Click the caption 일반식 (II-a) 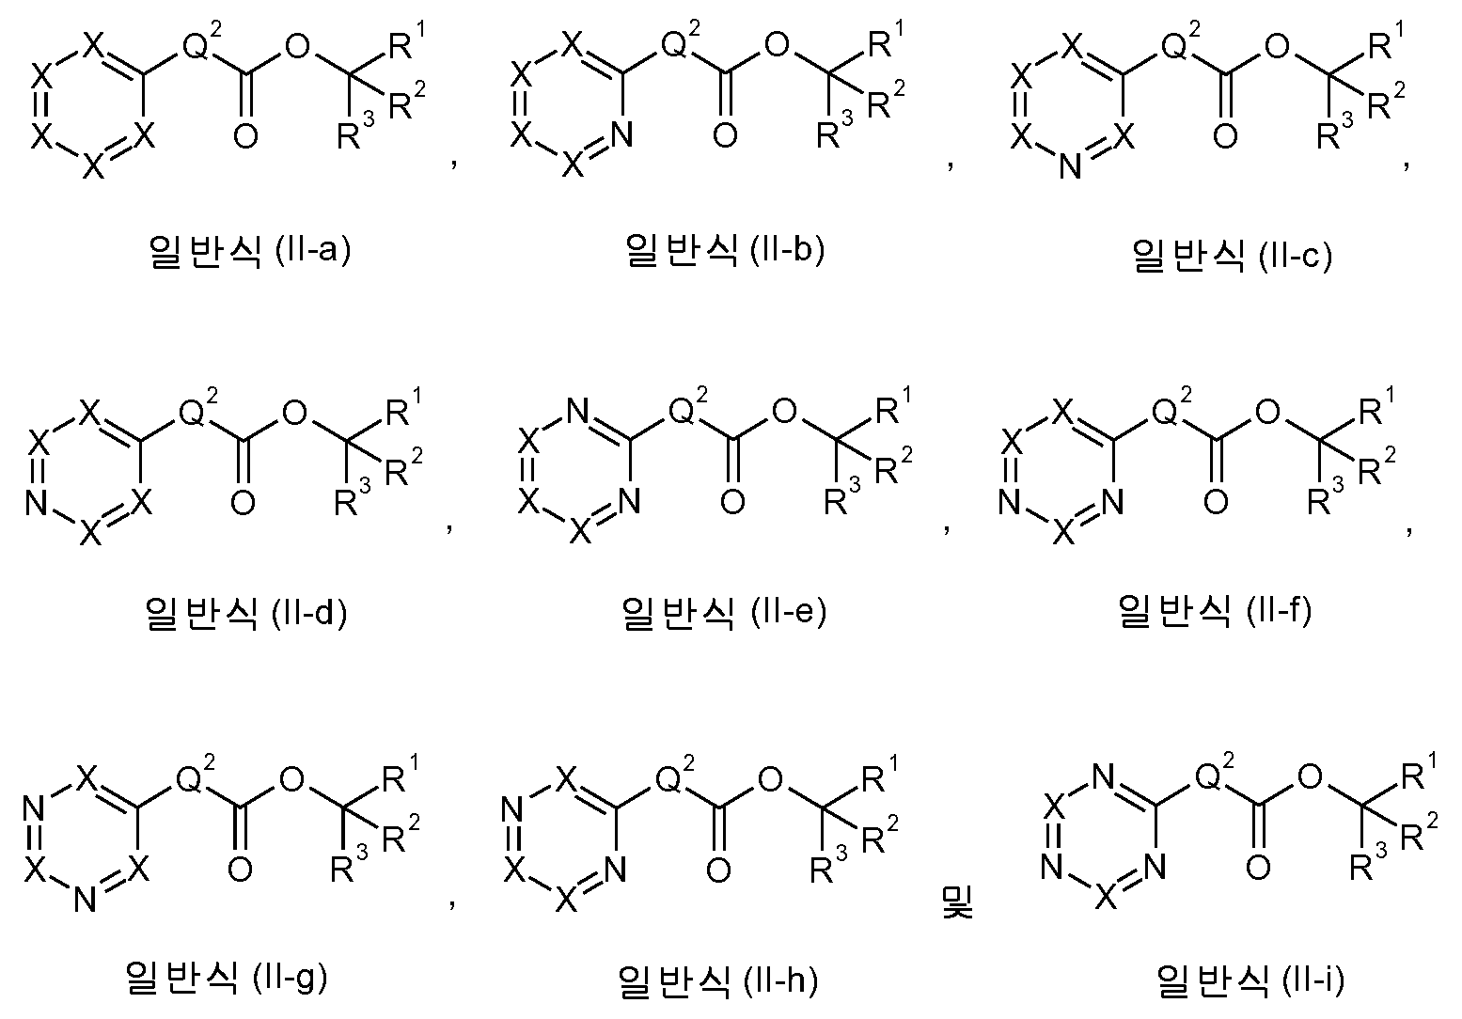point(250,250)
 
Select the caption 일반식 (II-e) point(725,613)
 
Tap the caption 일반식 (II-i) point(1250,980)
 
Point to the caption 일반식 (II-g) point(226,978)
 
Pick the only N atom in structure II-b point(621,135)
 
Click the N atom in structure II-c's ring point(1070,166)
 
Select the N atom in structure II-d point(37,502)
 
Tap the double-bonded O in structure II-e point(732,502)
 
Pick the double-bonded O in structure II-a point(245,135)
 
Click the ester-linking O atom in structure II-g point(291,778)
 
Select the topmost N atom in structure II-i point(1103,776)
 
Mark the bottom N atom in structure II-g point(85,901)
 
